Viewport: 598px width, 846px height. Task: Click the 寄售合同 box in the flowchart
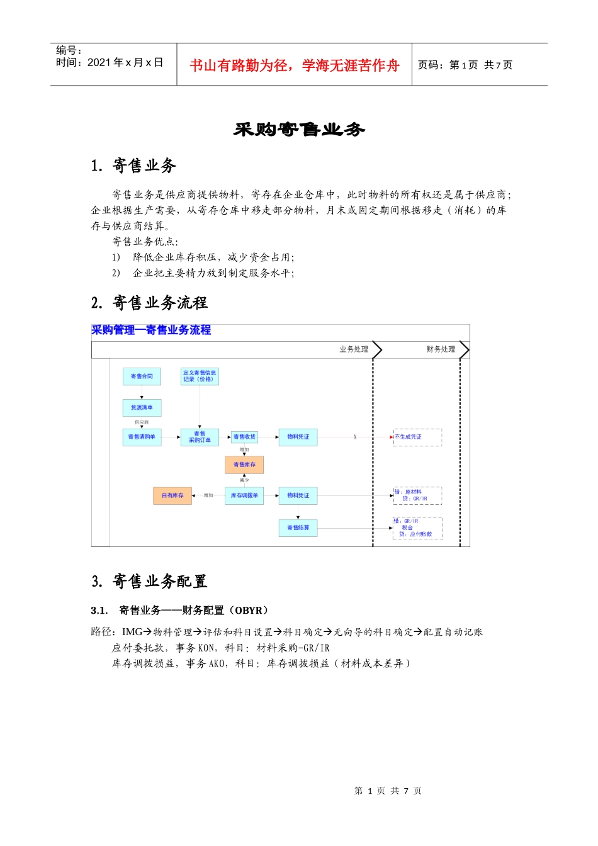pyautogui.click(x=142, y=376)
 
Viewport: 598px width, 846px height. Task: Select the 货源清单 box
pyautogui.click(x=142, y=408)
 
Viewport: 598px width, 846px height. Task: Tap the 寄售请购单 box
pyautogui.click(x=142, y=437)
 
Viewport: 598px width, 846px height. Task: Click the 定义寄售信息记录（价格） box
pyautogui.click(x=200, y=376)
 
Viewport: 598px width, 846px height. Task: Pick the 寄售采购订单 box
pyautogui.click(x=200, y=437)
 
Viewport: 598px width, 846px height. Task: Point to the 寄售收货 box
pyautogui.click(x=244, y=437)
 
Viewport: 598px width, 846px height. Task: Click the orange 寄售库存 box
pyautogui.click(x=244, y=465)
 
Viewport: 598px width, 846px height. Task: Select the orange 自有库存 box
pyautogui.click(x=172, y=495)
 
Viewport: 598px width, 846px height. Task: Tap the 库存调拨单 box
pyautogui.click(x=244, y=495)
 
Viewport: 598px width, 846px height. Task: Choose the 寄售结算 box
pyautogui.click(x=298, y=527)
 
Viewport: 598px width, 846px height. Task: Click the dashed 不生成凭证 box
pyautogui.click(x=417, y=437)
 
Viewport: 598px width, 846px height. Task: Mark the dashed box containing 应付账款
pyautogui.click(x=417, y=527)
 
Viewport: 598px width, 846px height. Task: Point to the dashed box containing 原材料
pyautogui.click(x=417, y=495)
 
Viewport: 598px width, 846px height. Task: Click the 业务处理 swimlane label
pyautogui.click(x=354, y=349)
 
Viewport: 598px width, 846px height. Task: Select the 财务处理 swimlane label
pyautogui.click(x=441, y=349)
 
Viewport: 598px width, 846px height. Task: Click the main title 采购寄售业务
pyautogui.click(x=299, y=130)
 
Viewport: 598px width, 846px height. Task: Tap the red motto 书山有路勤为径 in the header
pyautogui.click(x=295, y=65)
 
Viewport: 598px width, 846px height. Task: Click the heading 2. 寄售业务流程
pyautogui.click(x=149, y=303)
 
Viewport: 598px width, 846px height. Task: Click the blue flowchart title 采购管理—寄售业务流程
pyautogui.click(x=151, y=330)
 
